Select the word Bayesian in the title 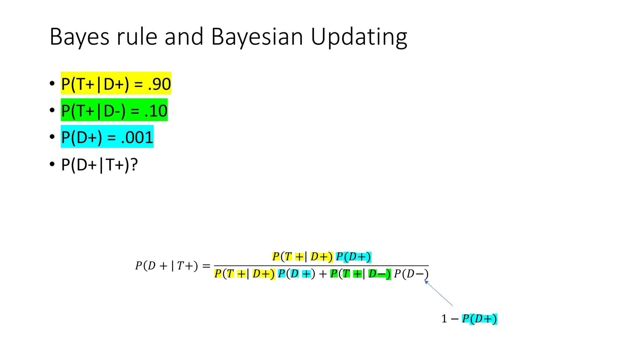[x=257, y=37]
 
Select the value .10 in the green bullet [x=156, y=111]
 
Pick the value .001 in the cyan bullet [x=137, y=137]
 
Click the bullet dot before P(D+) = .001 [x=52, y=137]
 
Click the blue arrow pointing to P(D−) [x=439, y=293]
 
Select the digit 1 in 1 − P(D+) [x=444, y=319]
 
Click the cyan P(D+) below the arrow [x=479, y=319]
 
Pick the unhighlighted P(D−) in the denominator [x=411, y=274]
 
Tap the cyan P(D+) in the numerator [x=353, y=257]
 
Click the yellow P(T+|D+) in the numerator [x=302, y=257]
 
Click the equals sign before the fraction [x=206, y=266]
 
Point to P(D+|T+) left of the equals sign [x=166, y=266]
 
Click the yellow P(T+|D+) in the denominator [x=244, y=274]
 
